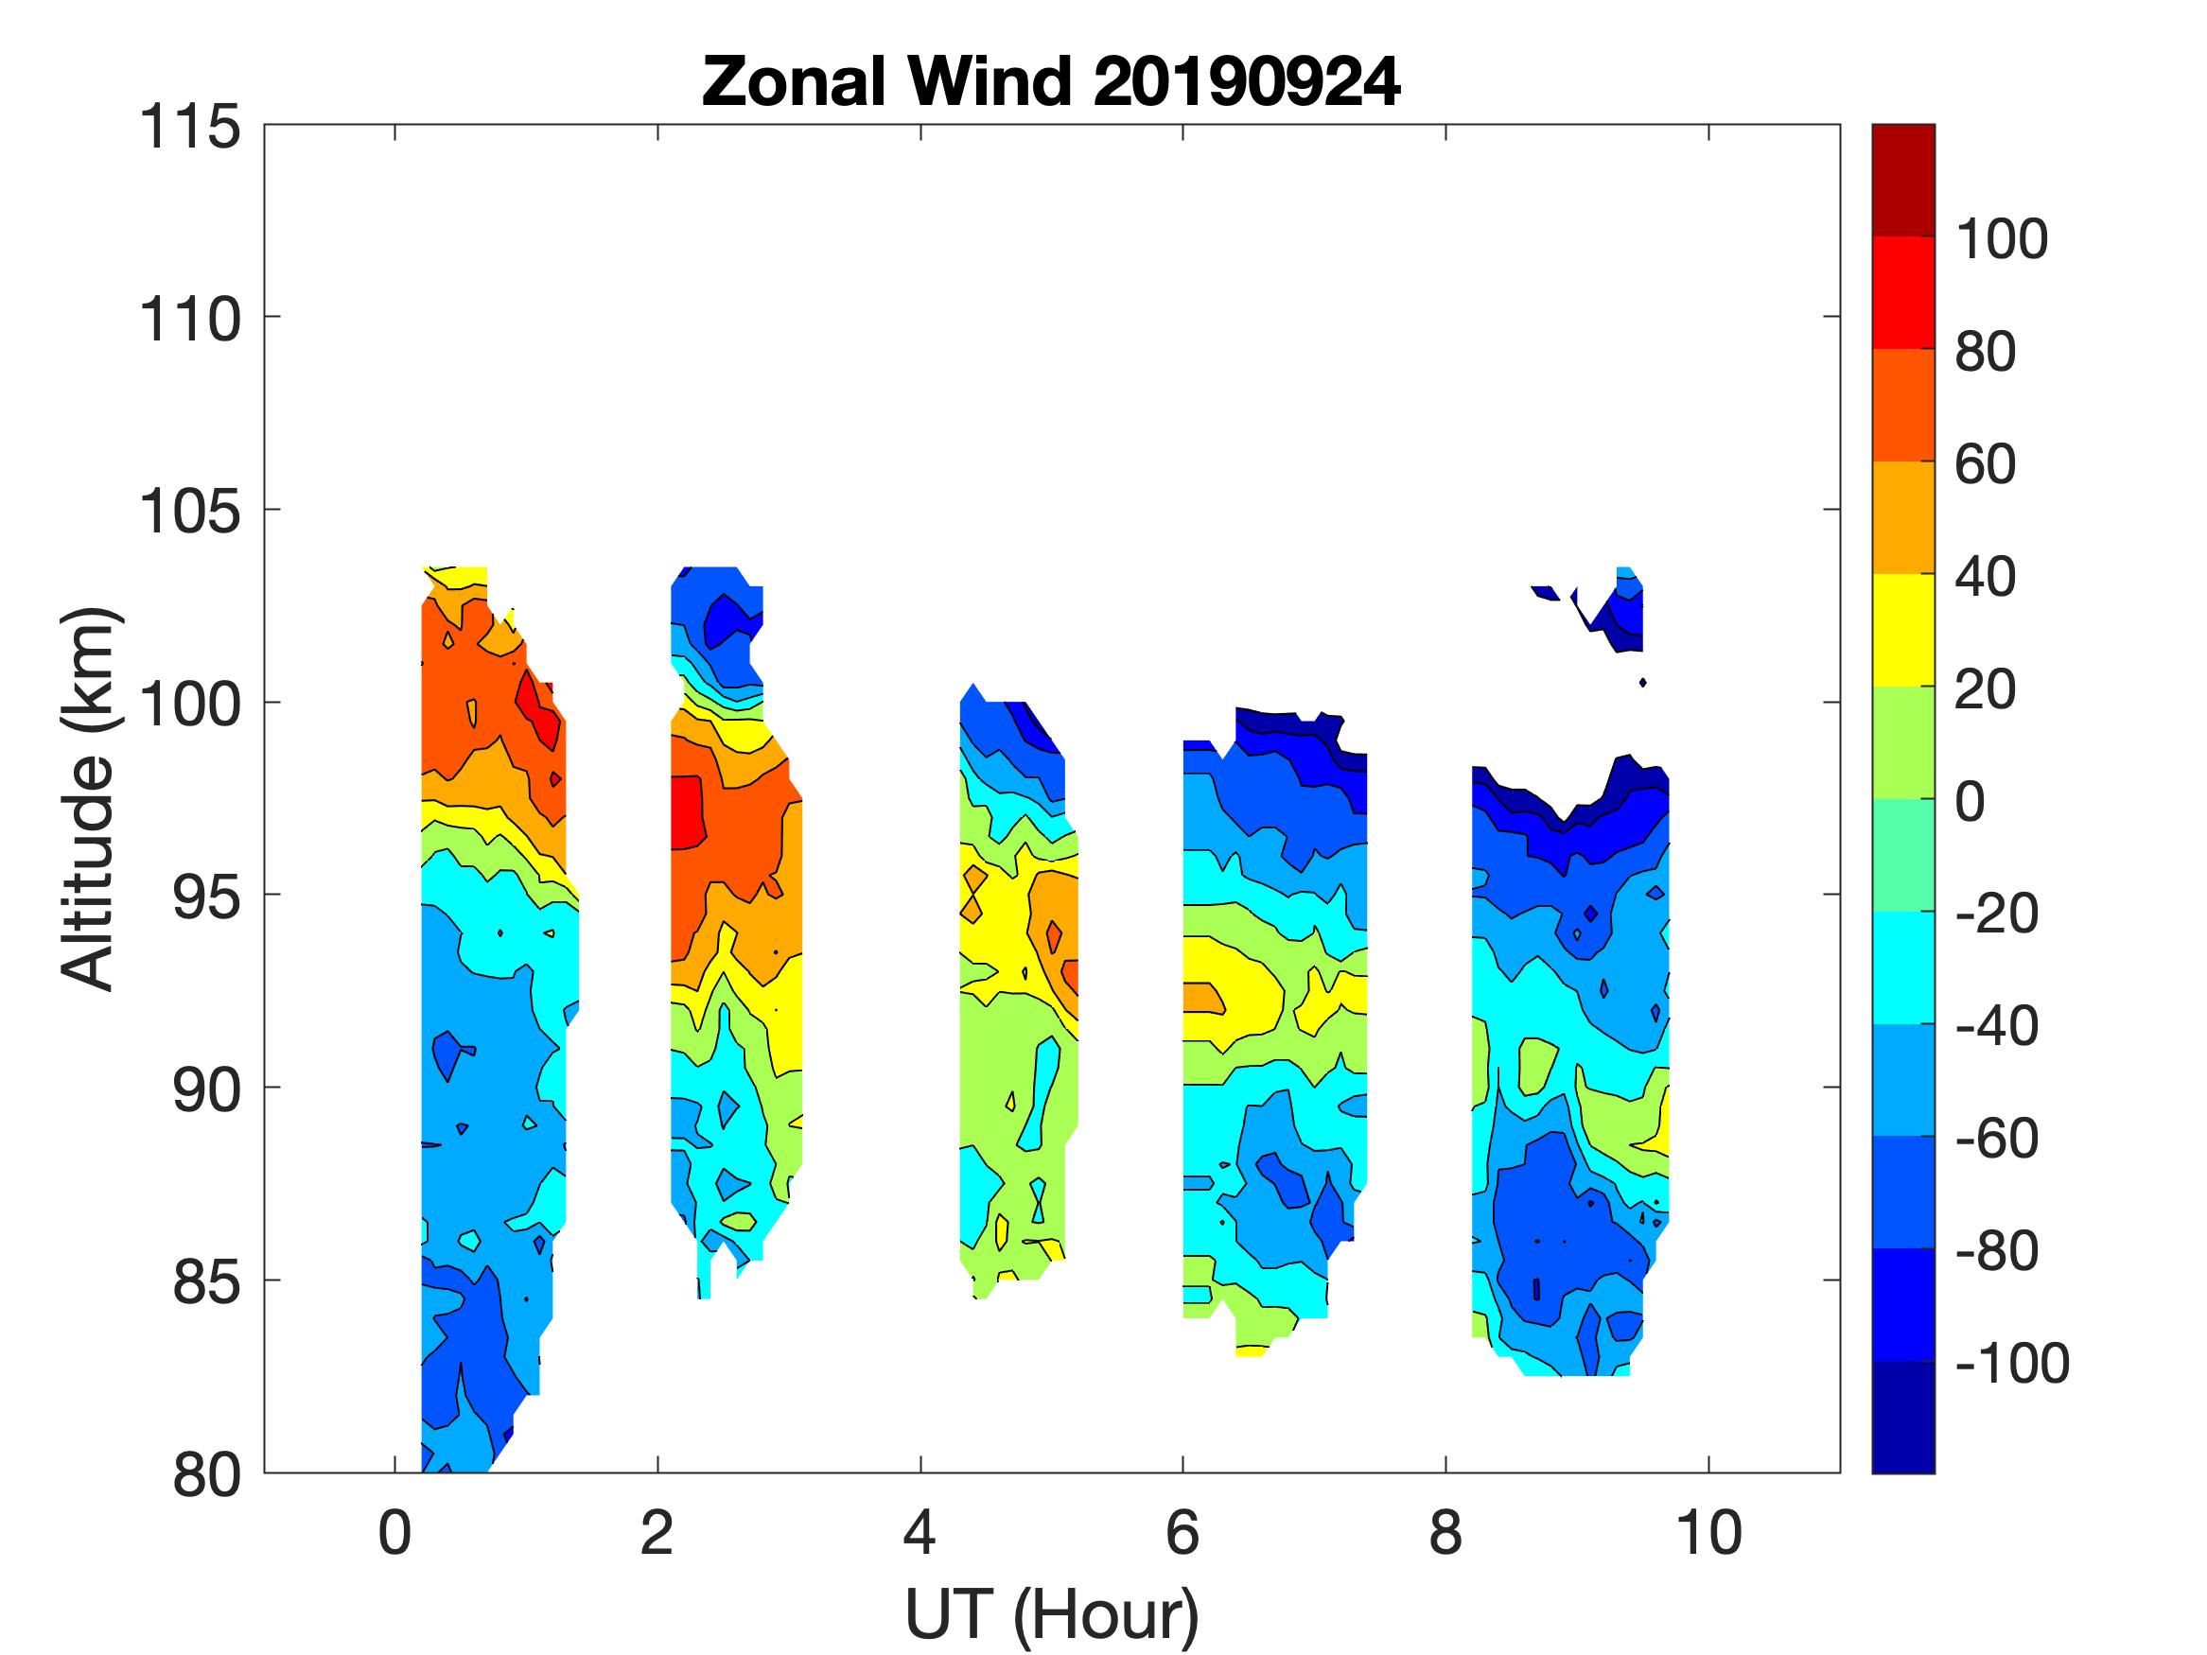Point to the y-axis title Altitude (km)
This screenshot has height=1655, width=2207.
(x=90, y=798)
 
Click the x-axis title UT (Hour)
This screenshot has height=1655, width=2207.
(x=1051, y=1614)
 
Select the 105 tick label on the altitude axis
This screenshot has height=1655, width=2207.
(x=189, y=512)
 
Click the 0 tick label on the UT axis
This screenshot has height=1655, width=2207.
(x=395, y=1532)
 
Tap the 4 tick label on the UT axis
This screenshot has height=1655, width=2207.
(x=920, y=1532)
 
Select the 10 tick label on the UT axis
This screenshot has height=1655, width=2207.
(x=1709, y=1532)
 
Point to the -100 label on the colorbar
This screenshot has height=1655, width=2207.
(x=2011, y=1363)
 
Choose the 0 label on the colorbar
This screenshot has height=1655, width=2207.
(x=1970, y=801)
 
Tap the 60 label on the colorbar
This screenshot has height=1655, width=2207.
(x=1985, y=464)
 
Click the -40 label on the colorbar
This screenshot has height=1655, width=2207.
(x=1995, y=1025)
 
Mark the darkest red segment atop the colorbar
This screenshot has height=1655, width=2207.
(x=1902, y=180)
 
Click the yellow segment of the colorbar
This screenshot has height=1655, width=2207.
(x=1902, y=630)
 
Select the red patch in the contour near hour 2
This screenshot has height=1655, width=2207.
(x=687, y=811)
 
